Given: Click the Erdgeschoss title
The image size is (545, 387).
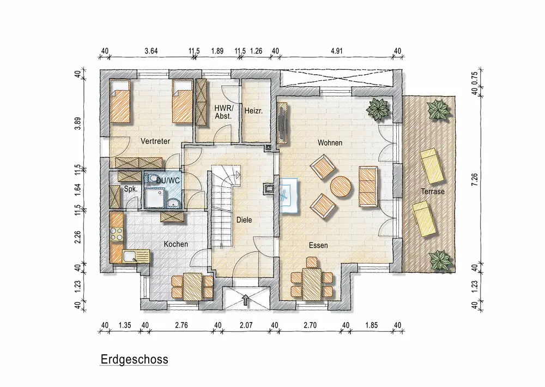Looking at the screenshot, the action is pos(134,359).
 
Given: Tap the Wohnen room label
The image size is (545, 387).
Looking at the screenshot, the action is pos(330,142).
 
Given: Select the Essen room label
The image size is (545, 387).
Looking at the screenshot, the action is pos(318,246).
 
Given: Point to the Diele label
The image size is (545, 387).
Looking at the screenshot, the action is pos(244,220).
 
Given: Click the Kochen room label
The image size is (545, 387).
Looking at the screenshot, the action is pos(176,245).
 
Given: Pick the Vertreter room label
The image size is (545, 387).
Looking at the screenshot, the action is pos(155,141).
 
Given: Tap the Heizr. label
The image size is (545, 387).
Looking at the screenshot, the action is pos(253,111).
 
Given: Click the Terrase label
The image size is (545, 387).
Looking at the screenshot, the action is pos(433,192).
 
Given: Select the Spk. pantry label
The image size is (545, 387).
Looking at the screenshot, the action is pos(131,189).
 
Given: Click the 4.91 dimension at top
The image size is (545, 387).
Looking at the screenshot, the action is pos(336,51).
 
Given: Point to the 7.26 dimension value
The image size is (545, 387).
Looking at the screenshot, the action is pos(475,180).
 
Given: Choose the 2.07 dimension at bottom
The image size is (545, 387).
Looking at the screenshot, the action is pos(246,325).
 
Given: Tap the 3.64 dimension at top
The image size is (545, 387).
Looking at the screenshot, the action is pos(151,51).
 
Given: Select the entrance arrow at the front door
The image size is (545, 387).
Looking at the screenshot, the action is pos(246,300).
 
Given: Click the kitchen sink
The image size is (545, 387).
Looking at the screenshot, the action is pos(130,257).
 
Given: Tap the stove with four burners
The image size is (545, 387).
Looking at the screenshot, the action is pos(117,234).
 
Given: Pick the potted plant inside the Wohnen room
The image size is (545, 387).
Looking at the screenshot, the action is pos(378,109).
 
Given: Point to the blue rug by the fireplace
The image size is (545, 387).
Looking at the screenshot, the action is pos(289,195).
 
